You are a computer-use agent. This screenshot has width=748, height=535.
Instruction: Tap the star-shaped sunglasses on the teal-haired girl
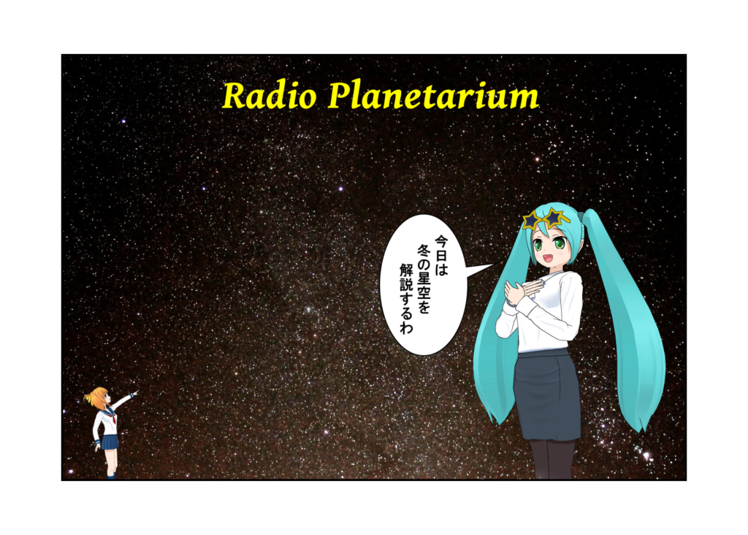pyautogui.click(x=546, y=219)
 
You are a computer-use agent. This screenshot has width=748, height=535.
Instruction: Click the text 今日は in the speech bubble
pyautogui.click(x=441, y=255)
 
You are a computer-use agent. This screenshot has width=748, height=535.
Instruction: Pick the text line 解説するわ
pyautogui.click(x=407, y=297)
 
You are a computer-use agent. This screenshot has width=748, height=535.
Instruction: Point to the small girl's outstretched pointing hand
pyautogui.click(x=134, y=392)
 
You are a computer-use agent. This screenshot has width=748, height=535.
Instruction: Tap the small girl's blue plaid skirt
pyautogui.click(x=110, y=442)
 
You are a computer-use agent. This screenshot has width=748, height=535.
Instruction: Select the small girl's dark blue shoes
pyautogui.click(x=111, y=476)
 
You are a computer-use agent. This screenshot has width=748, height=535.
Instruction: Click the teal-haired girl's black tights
pyautogui.click(x=552, y=459)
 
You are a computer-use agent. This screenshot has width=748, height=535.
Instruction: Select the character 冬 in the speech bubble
pyautogui.click(x=424, y=250)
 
